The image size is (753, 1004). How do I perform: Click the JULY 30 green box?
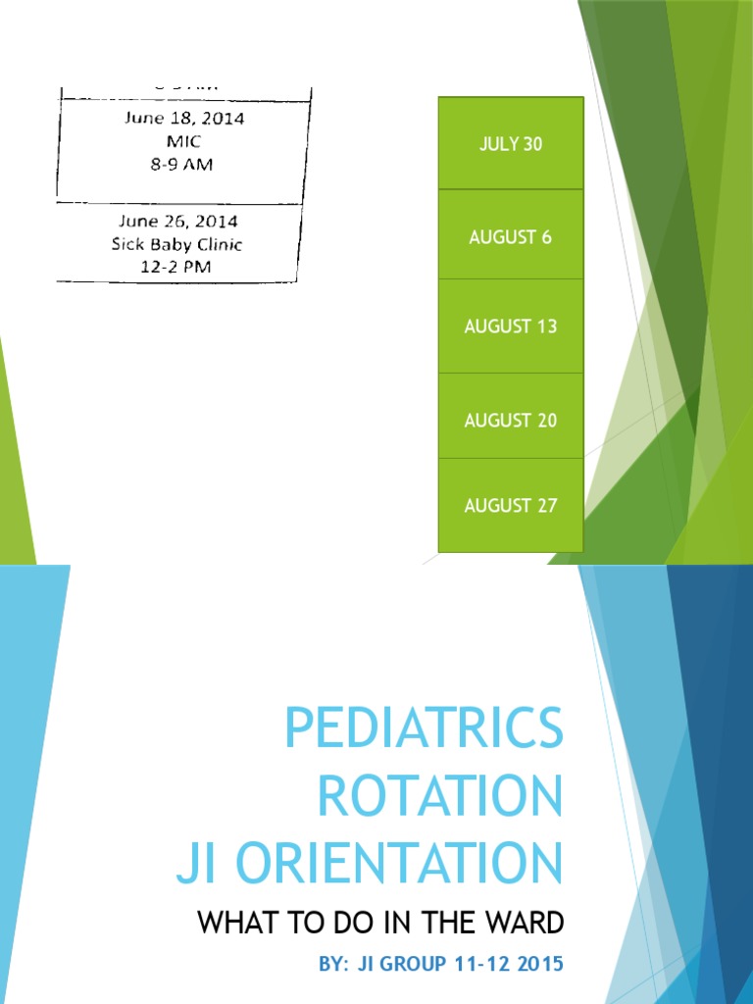coord(510,144)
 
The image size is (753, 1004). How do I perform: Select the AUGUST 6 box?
coord(510,236)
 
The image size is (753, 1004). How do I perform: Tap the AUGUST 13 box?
coord(510,326)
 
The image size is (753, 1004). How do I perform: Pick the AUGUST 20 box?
coord(510,420)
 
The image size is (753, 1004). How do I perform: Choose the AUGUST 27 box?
coord(510,506)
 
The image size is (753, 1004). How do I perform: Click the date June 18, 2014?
coord(184,119)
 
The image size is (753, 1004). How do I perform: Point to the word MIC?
coord(184,142)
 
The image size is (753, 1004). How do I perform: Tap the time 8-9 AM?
coord(181,165)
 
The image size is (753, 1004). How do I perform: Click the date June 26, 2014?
coord(178,222)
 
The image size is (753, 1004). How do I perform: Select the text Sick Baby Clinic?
coord(176,244)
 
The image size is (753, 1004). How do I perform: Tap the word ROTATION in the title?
coord(440,796)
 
